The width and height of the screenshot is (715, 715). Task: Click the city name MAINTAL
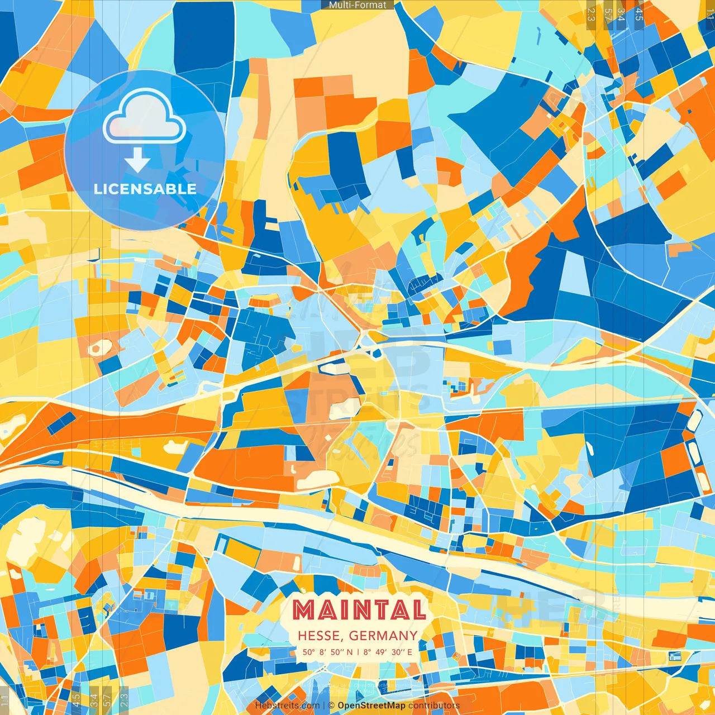click(359, 610)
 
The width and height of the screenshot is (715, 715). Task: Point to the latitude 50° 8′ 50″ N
click(328, 652)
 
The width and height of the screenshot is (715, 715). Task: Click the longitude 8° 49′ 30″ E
click(388, 652)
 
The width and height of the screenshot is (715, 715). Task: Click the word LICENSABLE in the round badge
click(145, 189)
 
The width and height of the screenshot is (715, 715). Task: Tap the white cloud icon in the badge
click(145, 116)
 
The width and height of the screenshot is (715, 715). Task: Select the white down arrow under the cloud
click(137, 161)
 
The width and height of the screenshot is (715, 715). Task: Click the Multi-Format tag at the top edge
click(357, 5)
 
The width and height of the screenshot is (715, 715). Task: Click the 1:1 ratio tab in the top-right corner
click(710, 13)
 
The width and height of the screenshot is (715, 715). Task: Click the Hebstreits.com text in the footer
click(287, 706)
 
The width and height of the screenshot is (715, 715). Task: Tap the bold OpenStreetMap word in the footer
click(371, 706)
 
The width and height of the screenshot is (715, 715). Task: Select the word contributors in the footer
click(434, 706)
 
